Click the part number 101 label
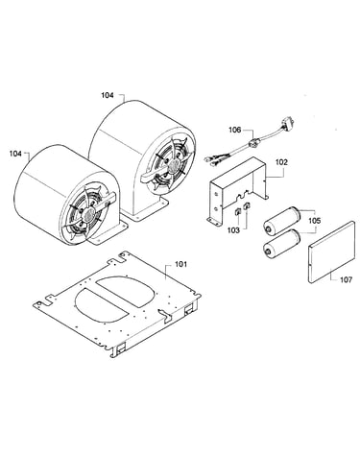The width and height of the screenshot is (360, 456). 180,265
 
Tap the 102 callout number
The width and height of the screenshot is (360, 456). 281,162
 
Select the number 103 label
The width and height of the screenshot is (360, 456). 233,230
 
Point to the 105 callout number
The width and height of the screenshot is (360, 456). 315,221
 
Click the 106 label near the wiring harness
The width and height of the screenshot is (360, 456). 234,131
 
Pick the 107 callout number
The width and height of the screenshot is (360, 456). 346,280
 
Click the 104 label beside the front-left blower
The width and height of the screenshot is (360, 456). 15,154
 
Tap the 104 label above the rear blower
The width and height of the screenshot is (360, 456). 108,95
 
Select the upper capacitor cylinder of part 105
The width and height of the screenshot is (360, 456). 281,221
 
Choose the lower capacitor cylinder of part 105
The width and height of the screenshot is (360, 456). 281,243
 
